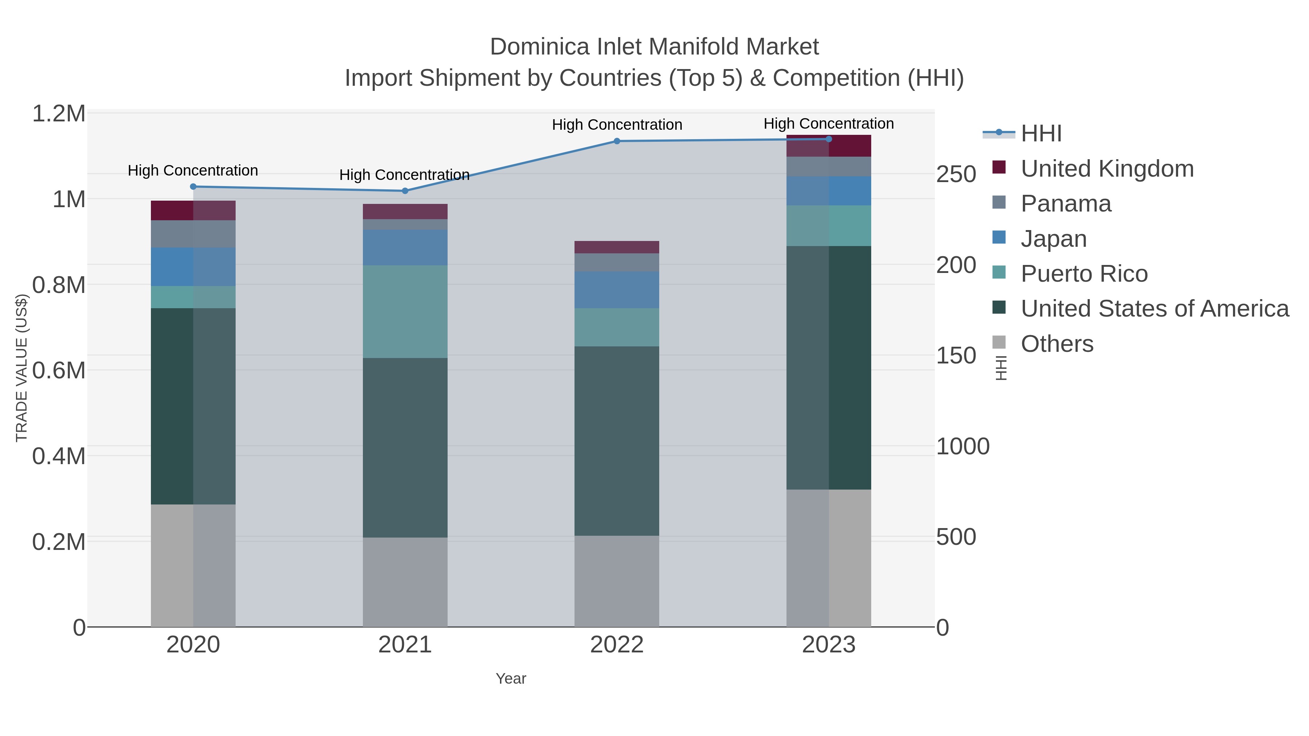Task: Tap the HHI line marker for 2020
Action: (193, 186)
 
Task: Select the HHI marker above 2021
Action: (405, 191)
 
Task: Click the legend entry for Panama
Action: (1066, 204)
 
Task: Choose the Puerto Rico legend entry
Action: (1084, 274)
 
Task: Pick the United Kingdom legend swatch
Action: (998, 168)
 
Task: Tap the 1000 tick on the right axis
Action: (962, 446)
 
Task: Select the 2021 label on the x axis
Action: (405, 645)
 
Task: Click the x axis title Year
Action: (511, 679)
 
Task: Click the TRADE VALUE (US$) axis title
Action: (21, 368)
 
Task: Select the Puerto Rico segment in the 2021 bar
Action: (405, 311)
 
